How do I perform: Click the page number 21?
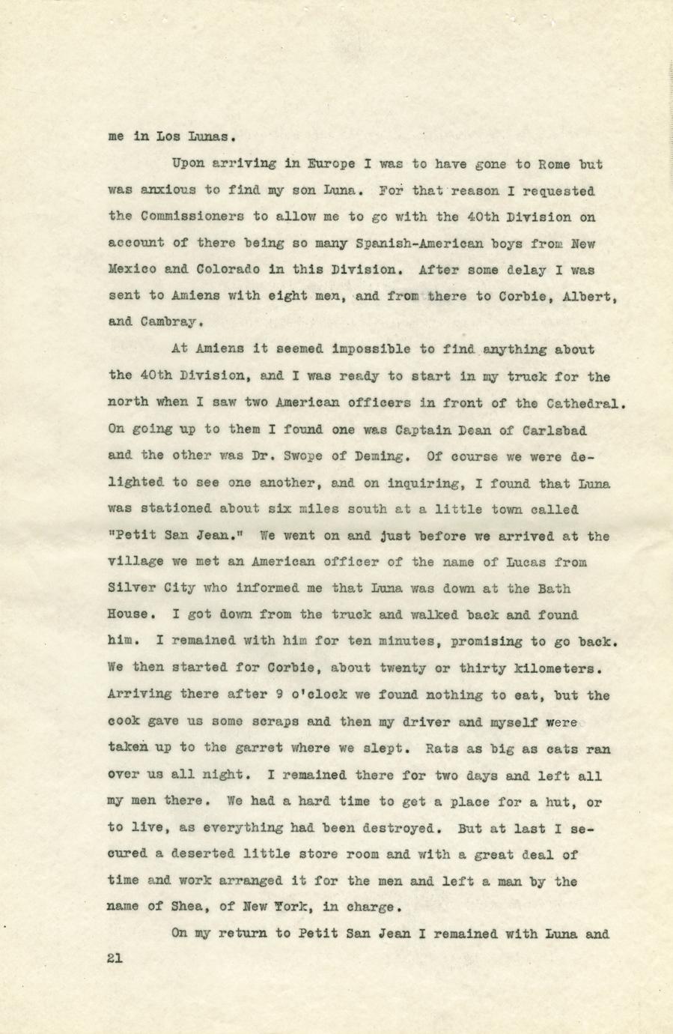tap(115, 958)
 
